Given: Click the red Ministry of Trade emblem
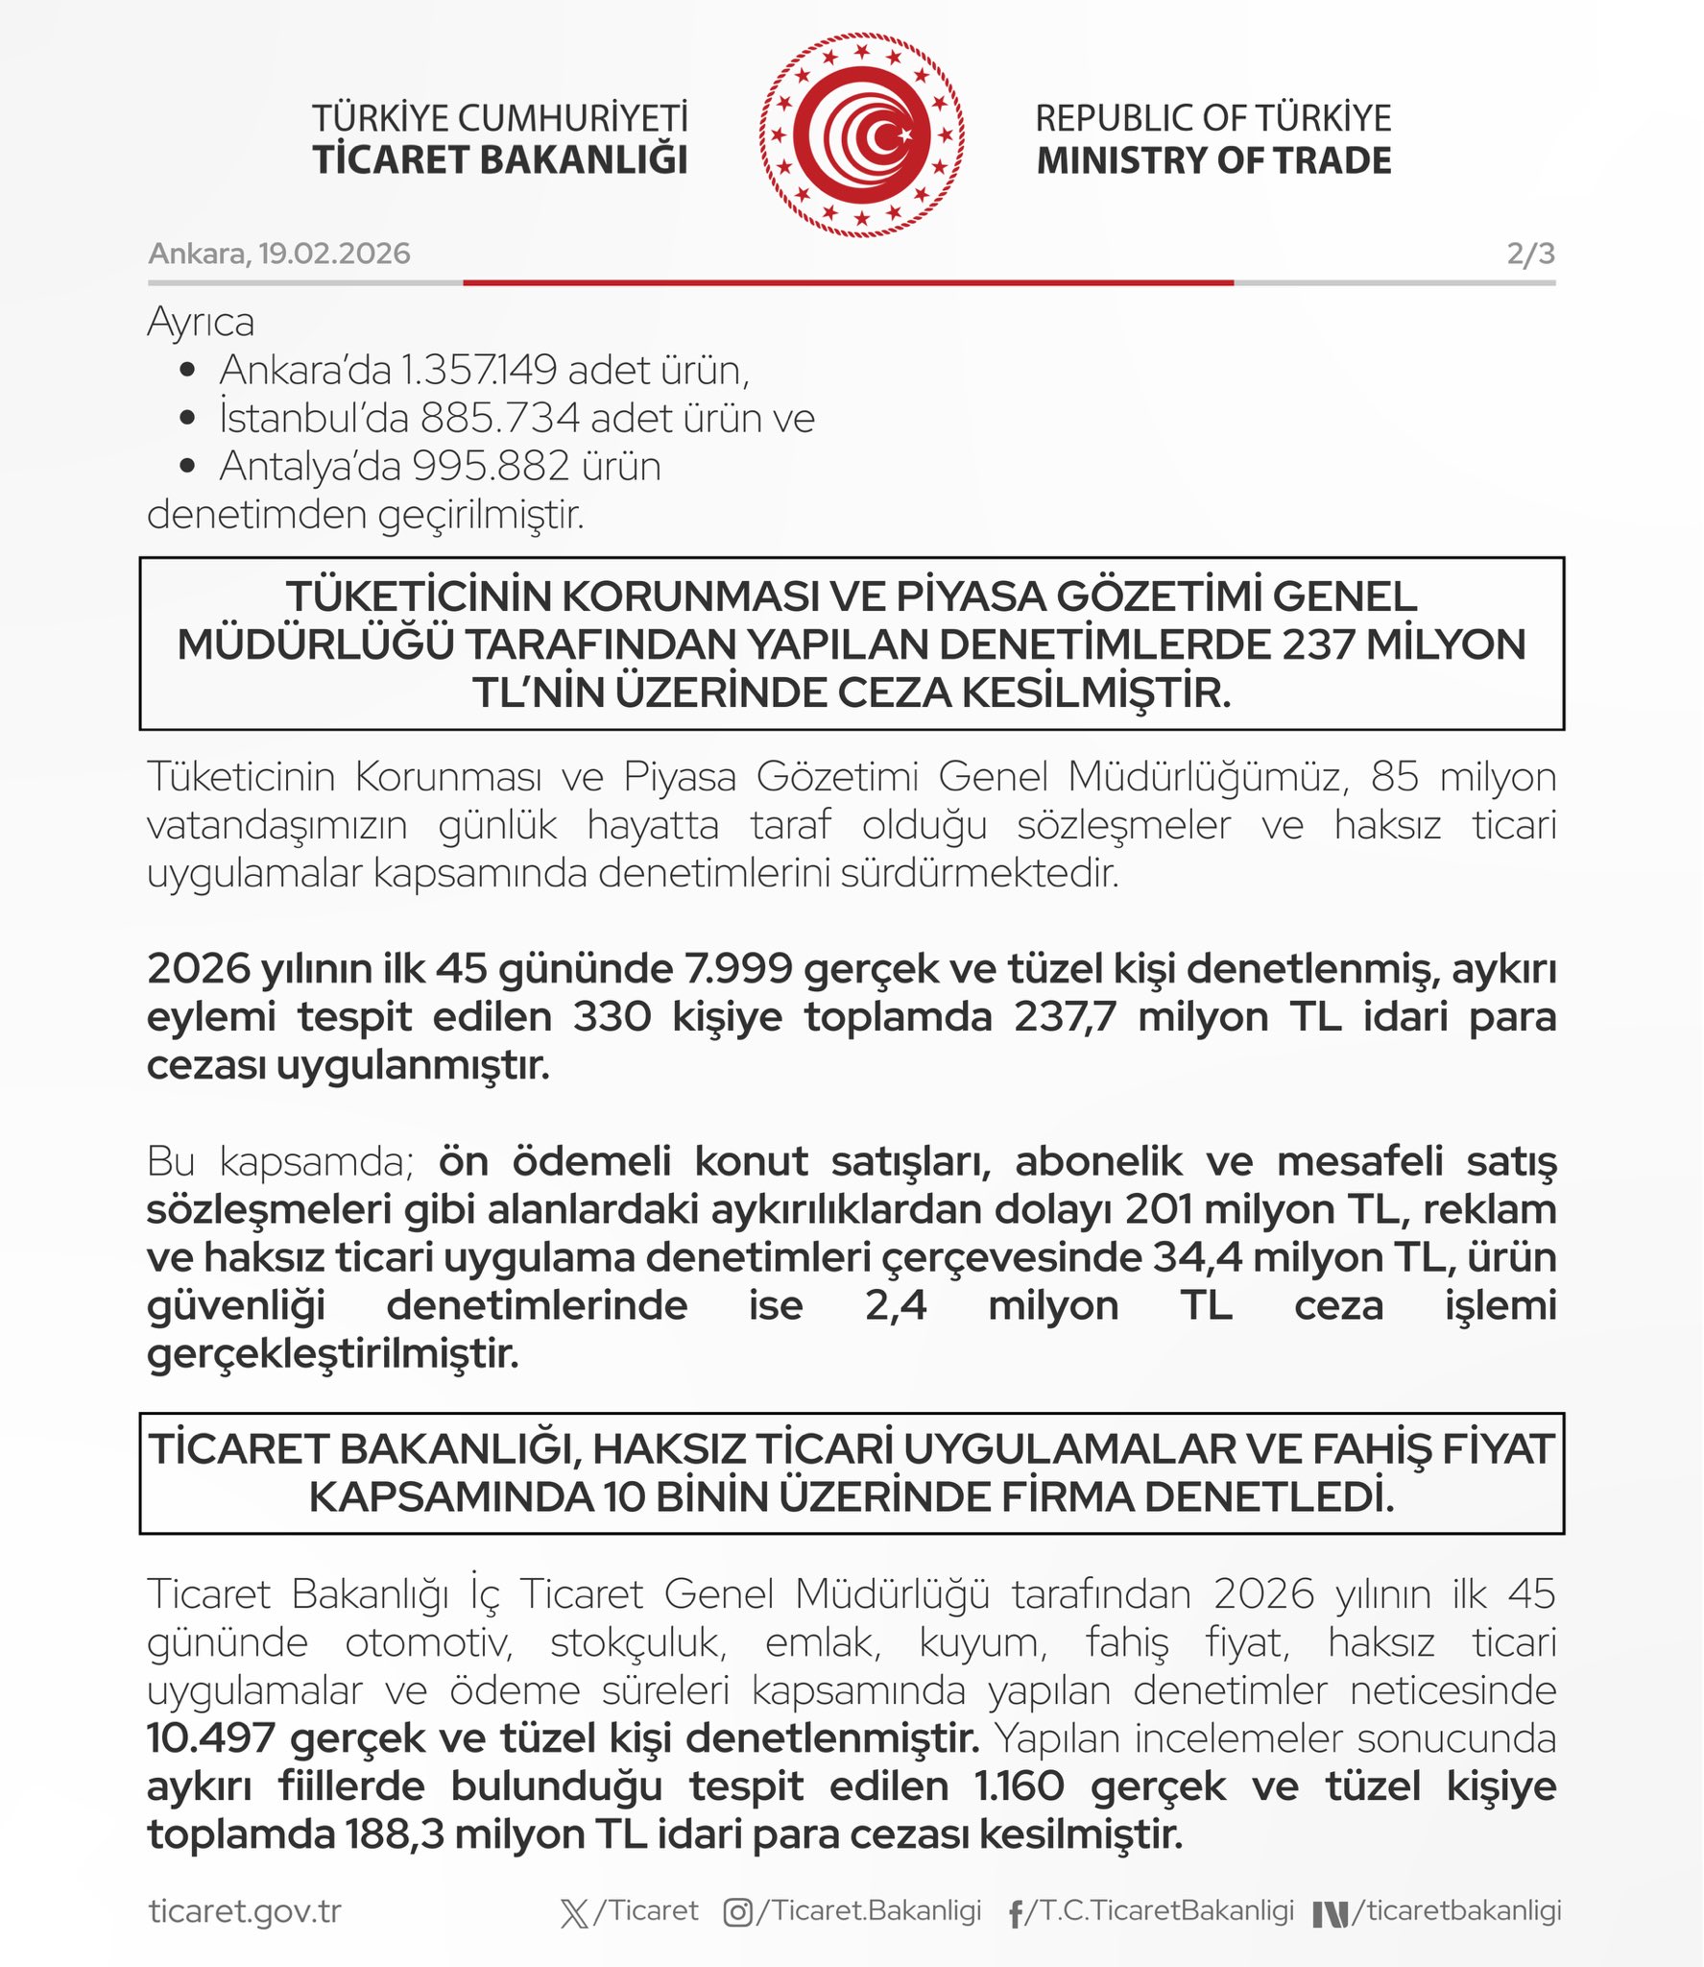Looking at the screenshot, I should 861,134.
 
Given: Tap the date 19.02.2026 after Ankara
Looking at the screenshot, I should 334,254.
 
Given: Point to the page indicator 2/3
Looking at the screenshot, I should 1530,254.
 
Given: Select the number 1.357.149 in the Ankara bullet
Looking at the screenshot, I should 478,370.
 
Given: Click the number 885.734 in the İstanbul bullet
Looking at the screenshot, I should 500,418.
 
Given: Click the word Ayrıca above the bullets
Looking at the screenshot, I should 201,322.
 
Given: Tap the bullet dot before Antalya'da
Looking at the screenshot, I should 188,467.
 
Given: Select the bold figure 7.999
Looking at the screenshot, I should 737,969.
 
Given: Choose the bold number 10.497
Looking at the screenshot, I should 211,1738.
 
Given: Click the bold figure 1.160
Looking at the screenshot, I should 1019,1786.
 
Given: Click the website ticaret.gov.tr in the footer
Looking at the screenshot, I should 245,1911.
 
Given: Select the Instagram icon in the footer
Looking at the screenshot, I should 737,1912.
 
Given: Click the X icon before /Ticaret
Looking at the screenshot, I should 574,1912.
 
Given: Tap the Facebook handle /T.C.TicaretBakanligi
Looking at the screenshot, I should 1160,1910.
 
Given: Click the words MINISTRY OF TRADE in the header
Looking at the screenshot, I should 1213,160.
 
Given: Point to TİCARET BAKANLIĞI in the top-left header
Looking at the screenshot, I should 500,160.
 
